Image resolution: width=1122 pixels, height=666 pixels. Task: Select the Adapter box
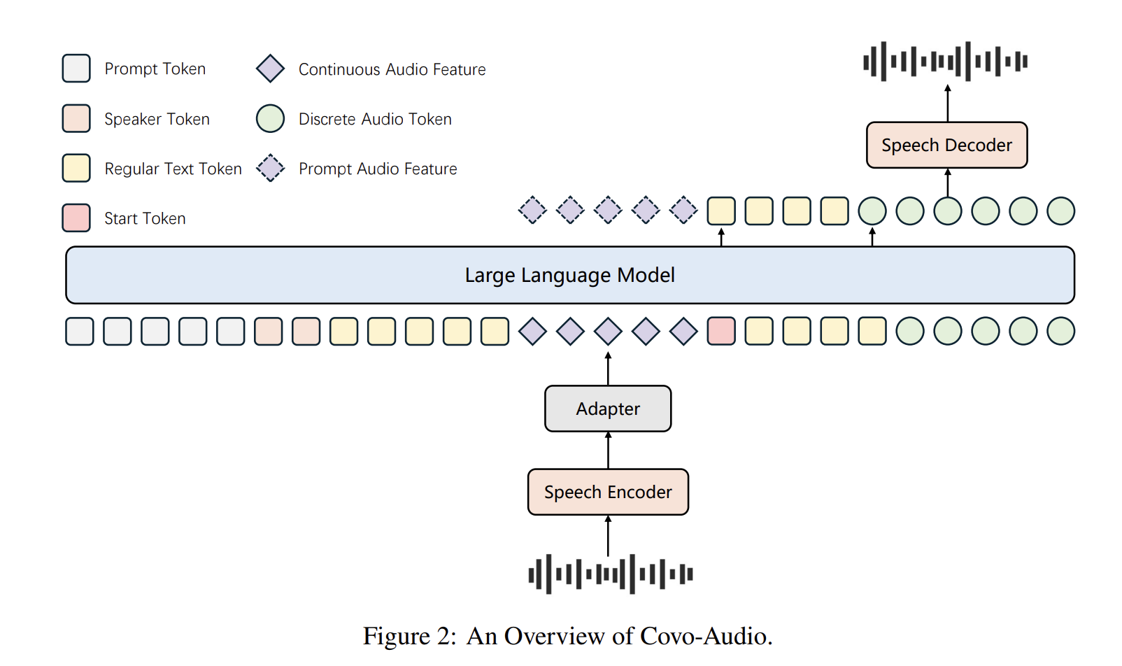coord(607,409)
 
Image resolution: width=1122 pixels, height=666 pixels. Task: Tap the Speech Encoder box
coord(607,492)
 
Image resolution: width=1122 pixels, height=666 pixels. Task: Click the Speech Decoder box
coord(946,145)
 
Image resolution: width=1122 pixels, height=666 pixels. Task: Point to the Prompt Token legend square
coord(76,69)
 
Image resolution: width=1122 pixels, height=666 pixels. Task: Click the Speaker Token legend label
coord(157,119)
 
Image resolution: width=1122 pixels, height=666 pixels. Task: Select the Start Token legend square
coord(76,218)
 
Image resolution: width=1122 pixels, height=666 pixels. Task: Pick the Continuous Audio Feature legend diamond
coord(270,69)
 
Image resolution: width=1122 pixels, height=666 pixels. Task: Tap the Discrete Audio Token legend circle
coord(270,118)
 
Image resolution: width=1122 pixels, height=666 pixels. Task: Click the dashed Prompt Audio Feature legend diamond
coord(270,168)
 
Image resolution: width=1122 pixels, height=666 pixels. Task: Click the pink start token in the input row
coord(720,331)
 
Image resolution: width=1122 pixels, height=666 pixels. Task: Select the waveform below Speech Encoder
coord(610,574)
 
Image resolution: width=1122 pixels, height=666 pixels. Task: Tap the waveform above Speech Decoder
coord(945,61)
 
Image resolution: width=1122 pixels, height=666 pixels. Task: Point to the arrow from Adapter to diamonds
coord(608,368)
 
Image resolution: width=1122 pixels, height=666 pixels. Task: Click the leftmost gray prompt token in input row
coord(80,331)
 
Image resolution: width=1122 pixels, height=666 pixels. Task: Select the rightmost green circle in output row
coord(1060,211)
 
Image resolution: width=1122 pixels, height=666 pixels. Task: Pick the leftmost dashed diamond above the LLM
coord(532,210)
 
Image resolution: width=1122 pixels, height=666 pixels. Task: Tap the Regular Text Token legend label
coord(173,169)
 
